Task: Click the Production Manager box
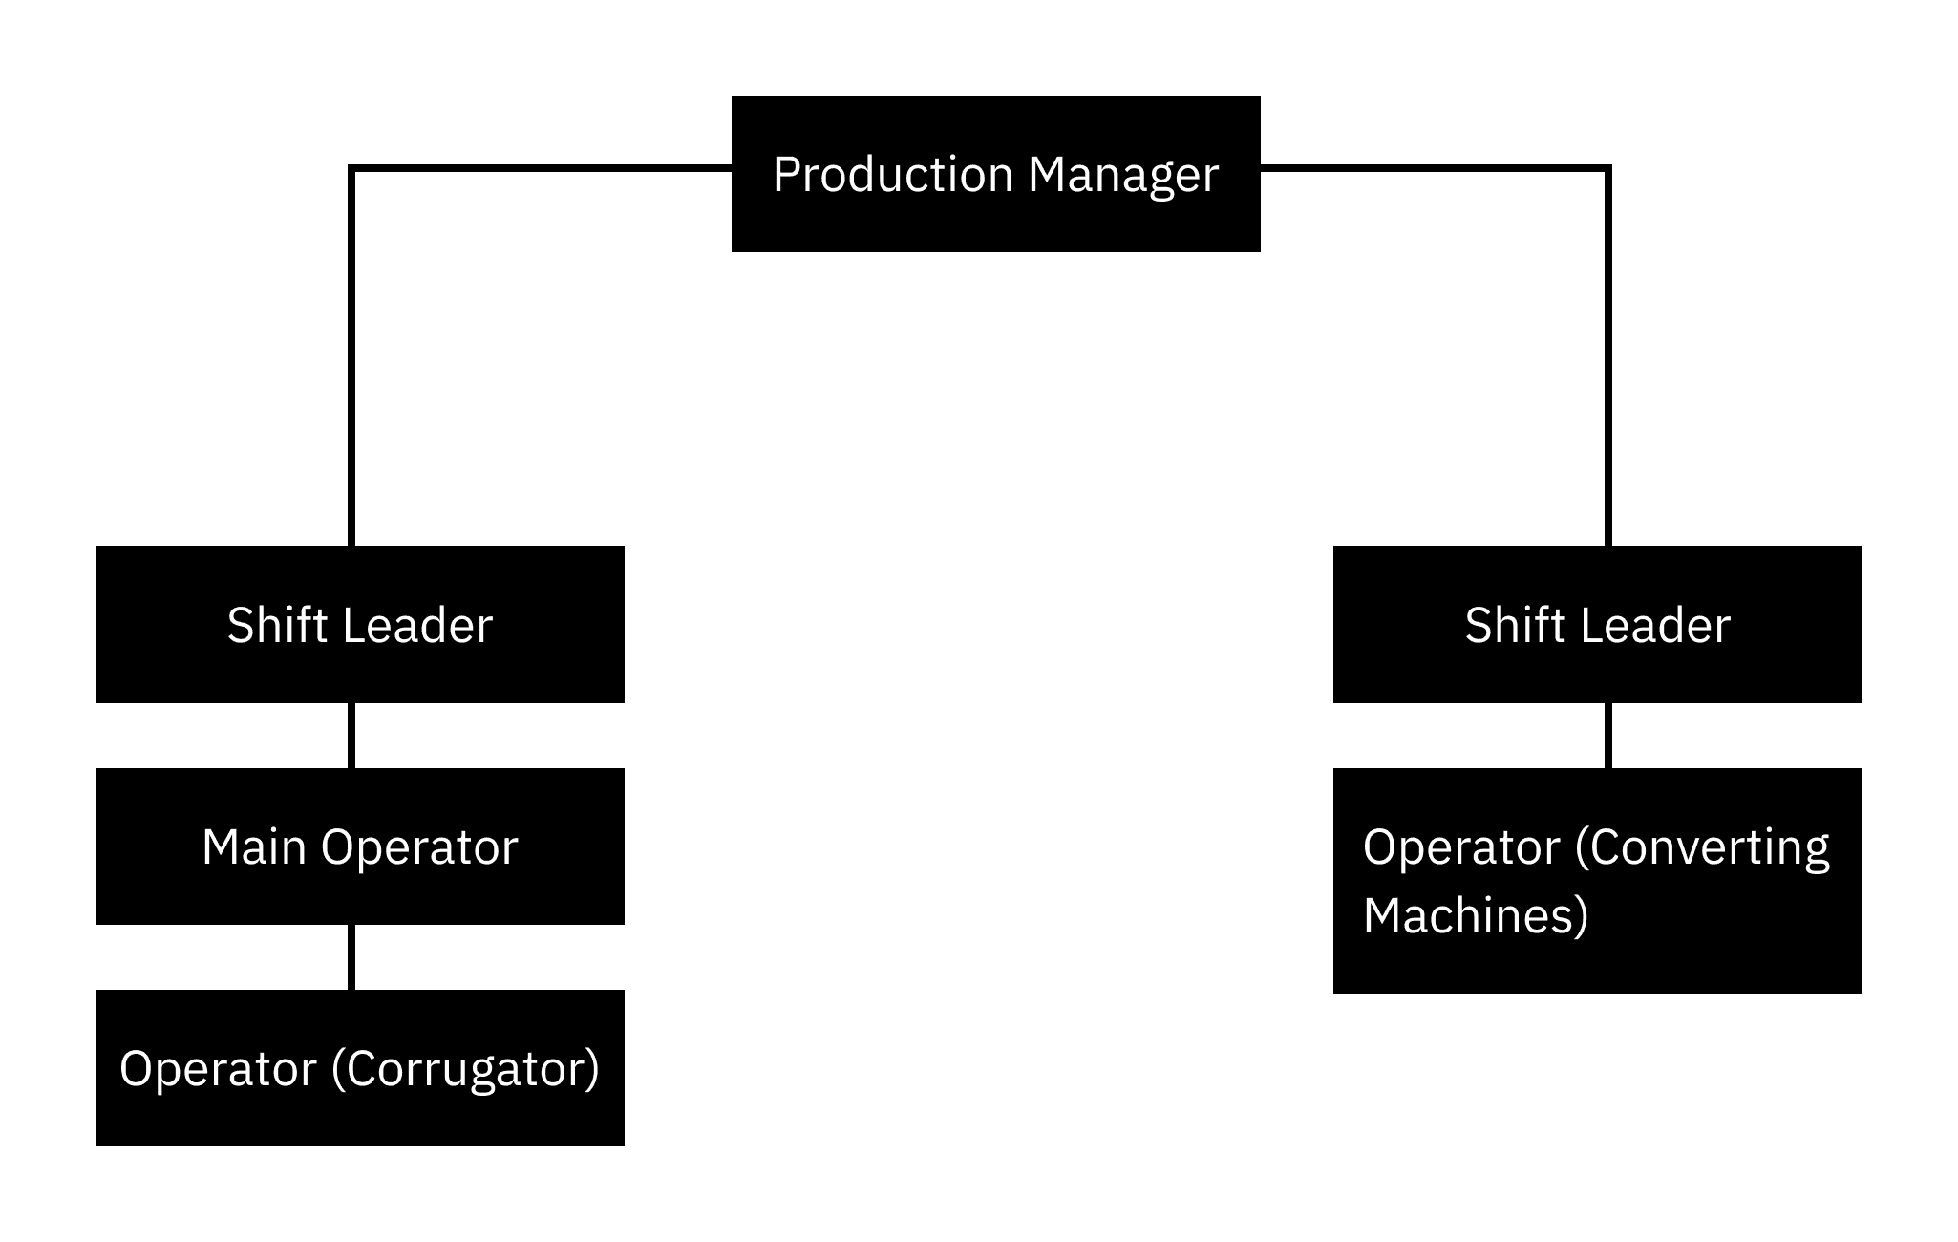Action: click(995, 174)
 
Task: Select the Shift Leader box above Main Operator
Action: click(359, 625)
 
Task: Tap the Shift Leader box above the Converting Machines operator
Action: click(1597, 625)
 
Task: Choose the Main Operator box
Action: click(359, 846)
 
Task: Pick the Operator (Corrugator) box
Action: click(359, 1068)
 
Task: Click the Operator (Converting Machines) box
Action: click(1597, 880)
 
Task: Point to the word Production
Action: click(892, 175)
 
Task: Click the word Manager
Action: click(1123, 175)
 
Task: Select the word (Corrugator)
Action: click(465, 1069)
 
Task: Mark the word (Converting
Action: click(1701, 847)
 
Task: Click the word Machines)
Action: click(1475, 915)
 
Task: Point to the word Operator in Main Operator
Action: click(419, 847)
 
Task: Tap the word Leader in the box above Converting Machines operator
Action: click(1656, 626)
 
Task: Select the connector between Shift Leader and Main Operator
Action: click(352, 736)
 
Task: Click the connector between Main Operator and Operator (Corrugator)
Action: click(352, 957)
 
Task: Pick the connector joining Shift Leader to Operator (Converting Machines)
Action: click(1608, 736)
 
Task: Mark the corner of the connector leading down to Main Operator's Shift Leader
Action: click(352, 169)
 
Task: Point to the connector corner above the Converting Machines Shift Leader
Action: click(1608, 169)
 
